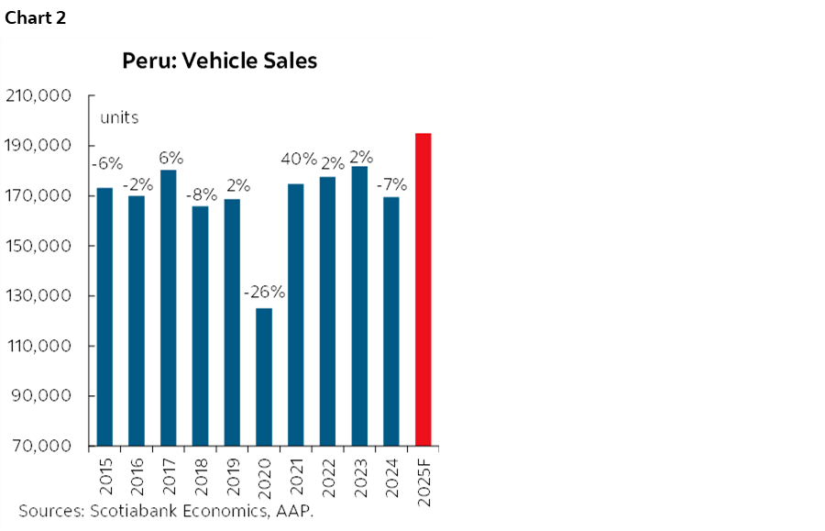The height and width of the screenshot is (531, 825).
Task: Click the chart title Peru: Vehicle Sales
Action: tap(220, 61)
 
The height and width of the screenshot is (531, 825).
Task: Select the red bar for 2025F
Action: tap(423, 290)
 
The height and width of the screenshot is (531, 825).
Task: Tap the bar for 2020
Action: tap(264, 377)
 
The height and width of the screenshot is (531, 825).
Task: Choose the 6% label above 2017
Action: tap(169, 156)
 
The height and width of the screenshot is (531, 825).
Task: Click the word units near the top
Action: tap(119, 117)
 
